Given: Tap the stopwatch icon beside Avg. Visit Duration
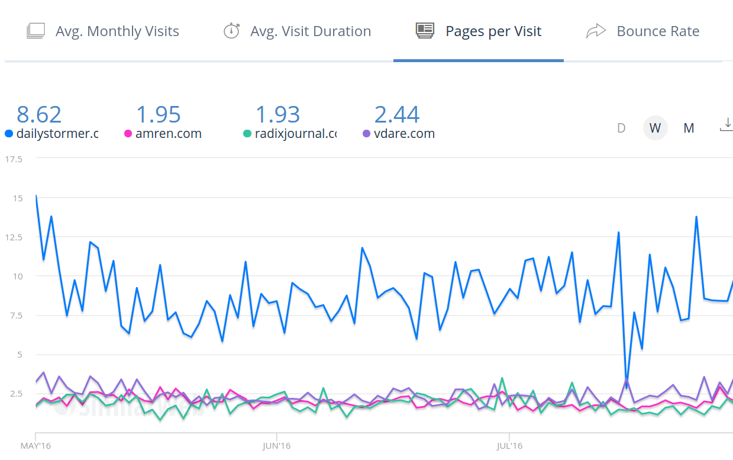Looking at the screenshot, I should coord(231,31).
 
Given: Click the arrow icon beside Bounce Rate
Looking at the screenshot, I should coord(596,31).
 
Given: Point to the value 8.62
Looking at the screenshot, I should coord(39,114).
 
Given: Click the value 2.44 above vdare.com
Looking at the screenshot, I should coord(397,114).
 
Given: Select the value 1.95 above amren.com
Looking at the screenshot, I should coord(159,114).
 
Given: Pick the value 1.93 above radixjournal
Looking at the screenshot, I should coord(277,114).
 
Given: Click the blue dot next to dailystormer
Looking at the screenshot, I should coord(8,134).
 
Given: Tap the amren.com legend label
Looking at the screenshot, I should coord(169,134).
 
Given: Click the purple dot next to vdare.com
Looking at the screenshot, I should coord(366,134).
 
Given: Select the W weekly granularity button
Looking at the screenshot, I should coord(655,128).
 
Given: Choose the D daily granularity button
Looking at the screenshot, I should coord(621,128).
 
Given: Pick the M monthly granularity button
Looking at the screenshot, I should coord(689,128).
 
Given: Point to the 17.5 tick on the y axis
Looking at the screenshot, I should coord(14,159).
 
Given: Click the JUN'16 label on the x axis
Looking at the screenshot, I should coord(276,445).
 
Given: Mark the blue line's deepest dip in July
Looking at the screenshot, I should coord(626,388).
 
